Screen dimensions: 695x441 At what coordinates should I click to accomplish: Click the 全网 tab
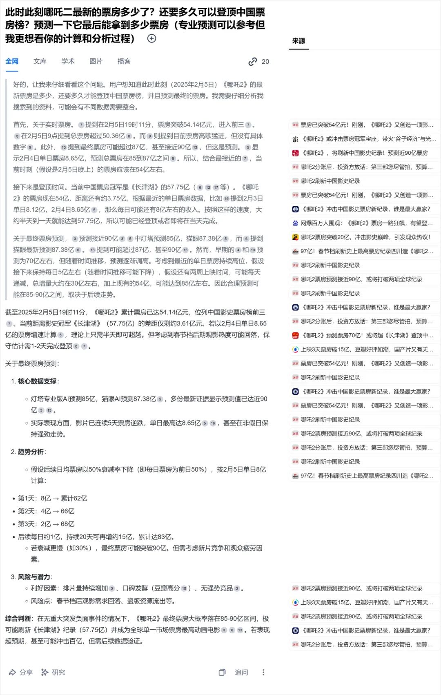click(x=12, y=61)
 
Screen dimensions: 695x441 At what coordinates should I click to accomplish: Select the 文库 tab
click(x=40, y=61)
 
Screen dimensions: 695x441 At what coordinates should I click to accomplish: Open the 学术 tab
click(x=68, y=61)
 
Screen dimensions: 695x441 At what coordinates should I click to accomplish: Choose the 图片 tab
click(x=96, y=61)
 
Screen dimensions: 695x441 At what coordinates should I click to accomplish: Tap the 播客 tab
click(x=124, y=61)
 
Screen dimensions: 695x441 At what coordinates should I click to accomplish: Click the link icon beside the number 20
click(x=253, y=62)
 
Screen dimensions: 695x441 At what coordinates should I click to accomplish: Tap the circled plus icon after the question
click(x=151, y=38)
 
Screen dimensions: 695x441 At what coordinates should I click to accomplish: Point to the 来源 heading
click(x=298, y=41)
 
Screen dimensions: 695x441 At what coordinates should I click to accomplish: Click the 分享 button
click(x=21, y=672)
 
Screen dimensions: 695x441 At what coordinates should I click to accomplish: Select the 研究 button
click(x=53, y=672)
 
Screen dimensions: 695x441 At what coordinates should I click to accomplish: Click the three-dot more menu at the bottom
click(x=263, y=672)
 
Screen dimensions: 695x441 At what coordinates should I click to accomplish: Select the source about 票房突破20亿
click(x=365, y=237)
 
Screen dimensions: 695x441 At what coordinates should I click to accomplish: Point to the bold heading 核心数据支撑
click(x=37, y=381)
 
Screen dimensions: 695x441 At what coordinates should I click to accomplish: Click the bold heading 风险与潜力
click(x=34, y=577)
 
